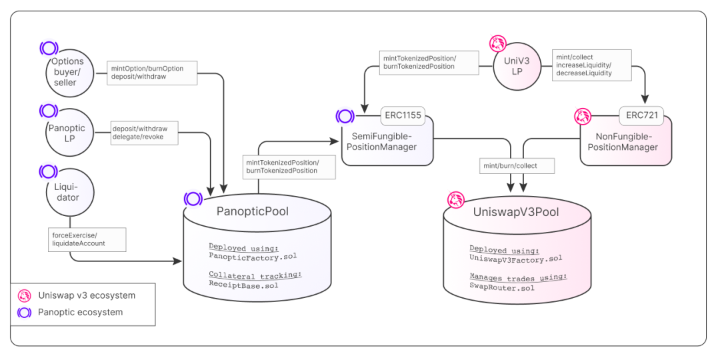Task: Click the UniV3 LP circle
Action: point(517,67)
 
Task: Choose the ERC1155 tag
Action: point(403,115)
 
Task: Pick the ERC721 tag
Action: point(641,115)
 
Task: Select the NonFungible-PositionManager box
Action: point(626,142)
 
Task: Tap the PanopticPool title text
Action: point(252,211)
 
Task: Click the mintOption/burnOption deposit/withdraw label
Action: point(152,73)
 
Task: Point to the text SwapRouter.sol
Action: point(501,287)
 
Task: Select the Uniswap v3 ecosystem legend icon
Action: point(25,295)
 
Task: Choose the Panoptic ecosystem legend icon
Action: point(25,312)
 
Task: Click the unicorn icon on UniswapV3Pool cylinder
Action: point(455,199)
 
